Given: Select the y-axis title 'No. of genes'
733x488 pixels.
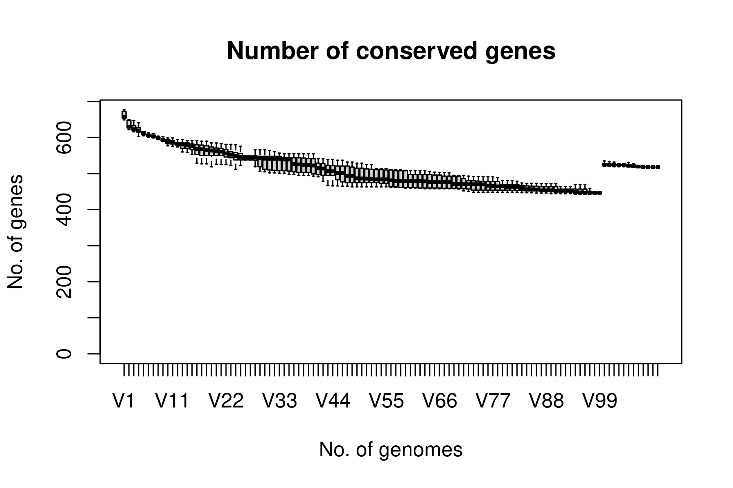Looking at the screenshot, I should pos(15,232).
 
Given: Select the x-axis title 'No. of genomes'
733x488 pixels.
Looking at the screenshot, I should pos(391,450).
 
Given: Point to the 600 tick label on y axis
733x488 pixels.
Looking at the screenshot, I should pos(64,138).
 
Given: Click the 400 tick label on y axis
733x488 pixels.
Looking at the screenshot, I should pos(64,209).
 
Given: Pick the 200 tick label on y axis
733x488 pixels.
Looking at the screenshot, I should pos(64,281).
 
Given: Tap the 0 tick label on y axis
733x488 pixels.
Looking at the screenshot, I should pos(64,353).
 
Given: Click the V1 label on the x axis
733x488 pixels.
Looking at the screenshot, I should pos(123,401).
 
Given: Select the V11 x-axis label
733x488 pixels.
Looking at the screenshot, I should pos(172,401).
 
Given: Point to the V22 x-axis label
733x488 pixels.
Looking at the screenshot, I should pos(226,401).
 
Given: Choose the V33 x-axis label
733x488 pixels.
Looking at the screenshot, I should pos(279,401).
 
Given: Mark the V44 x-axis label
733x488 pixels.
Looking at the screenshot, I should pos(333,401).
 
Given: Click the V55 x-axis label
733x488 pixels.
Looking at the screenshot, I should pos(386,401).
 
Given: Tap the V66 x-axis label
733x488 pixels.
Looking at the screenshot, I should pos(440,401).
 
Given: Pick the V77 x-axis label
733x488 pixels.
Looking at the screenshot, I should pos(493,401).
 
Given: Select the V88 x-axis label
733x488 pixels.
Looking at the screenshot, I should pos(546,401).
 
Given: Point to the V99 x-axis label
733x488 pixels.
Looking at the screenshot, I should pos(600,401).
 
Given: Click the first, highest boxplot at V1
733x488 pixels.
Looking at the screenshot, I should pos(124,115).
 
